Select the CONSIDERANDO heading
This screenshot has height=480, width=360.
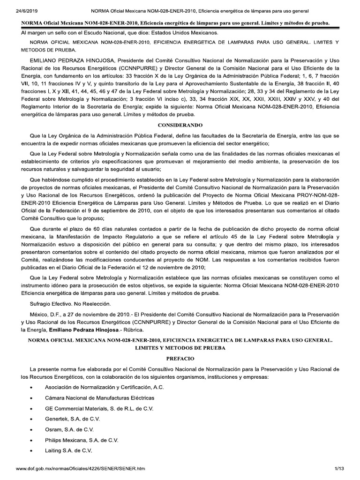click(180, 126)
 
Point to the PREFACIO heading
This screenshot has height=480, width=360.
click(180, 358)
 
